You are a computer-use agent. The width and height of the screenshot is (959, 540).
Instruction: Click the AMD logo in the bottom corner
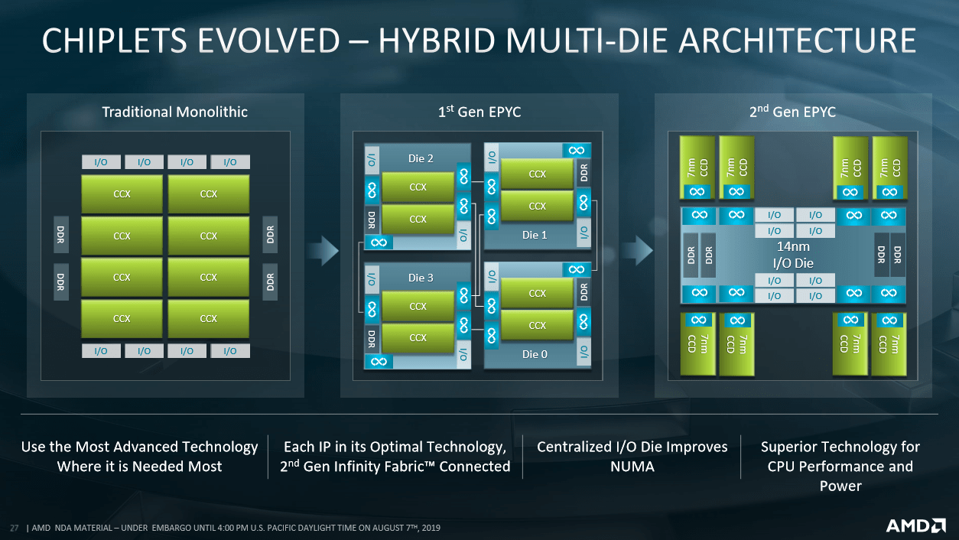915,525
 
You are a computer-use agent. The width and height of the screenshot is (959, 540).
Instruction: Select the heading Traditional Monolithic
174,112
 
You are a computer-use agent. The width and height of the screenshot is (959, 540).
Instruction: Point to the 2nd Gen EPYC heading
792,112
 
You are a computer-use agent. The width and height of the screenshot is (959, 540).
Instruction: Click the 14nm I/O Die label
793,255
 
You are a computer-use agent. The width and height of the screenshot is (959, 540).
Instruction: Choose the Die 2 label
421,158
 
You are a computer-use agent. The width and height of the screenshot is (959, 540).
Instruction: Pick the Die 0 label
535,354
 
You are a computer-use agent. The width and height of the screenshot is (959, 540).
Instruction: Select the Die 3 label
421,278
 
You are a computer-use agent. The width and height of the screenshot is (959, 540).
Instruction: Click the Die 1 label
535,235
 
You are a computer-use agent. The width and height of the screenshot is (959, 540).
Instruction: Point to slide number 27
13,528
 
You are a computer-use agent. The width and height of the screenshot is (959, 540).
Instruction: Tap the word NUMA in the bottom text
632,466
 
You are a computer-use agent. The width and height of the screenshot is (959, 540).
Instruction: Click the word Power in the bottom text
840,486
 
